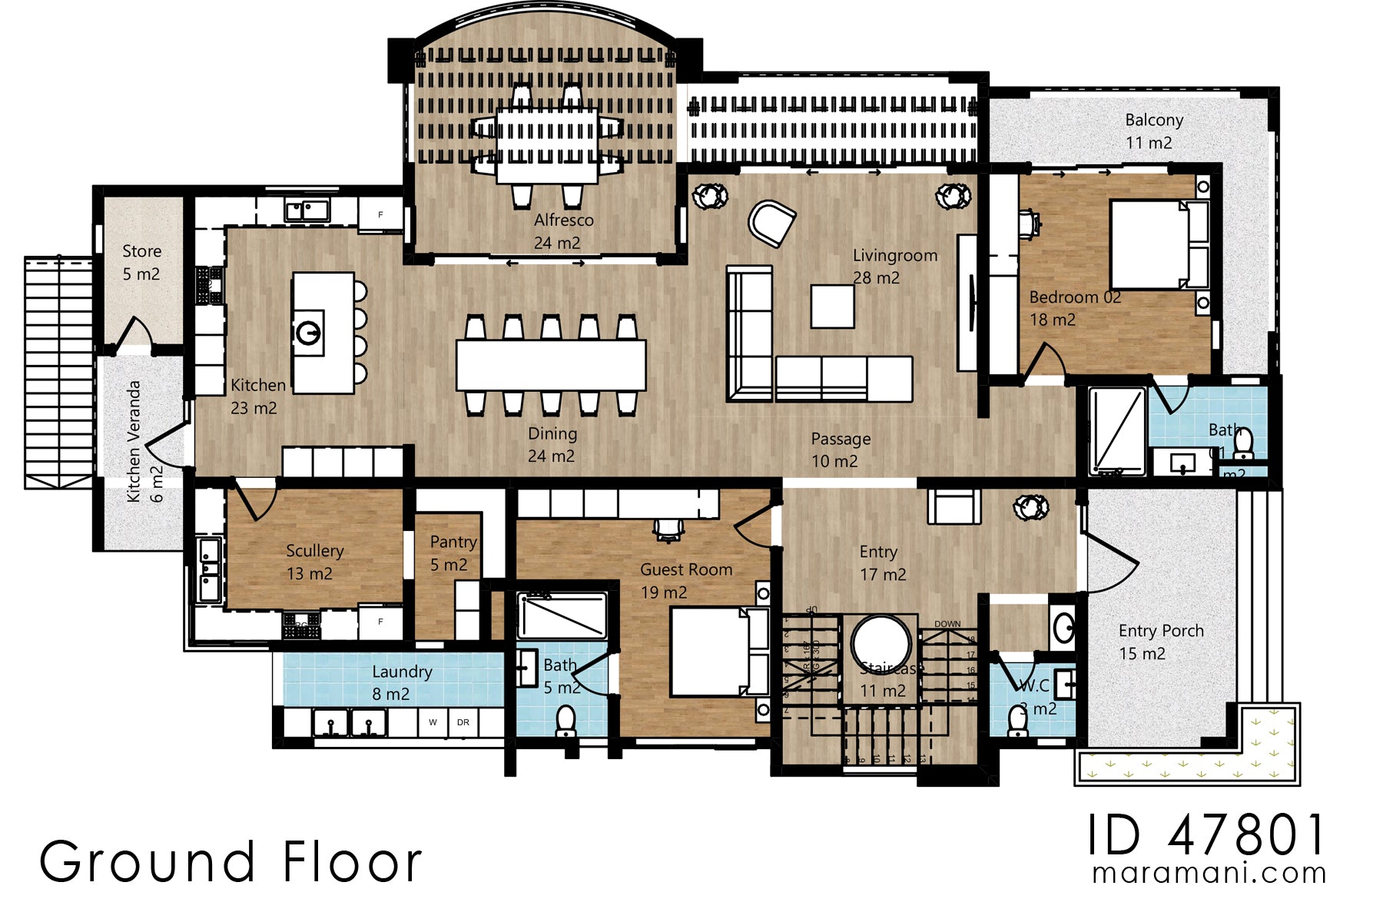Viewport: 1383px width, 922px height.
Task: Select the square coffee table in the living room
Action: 832,306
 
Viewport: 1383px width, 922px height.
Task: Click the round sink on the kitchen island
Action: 309,333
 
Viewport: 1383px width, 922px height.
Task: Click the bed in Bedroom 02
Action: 1152,244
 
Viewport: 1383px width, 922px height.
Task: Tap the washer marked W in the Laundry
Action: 433,722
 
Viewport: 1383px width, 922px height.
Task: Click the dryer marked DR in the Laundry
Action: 463,722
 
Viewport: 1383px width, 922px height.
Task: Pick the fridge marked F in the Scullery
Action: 380,622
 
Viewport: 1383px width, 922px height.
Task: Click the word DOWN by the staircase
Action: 947,624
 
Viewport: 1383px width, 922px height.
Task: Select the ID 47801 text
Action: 1206,835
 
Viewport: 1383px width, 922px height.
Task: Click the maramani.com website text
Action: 1209,874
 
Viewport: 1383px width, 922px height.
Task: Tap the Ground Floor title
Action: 230,862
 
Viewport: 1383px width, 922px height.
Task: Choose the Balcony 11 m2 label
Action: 1152,131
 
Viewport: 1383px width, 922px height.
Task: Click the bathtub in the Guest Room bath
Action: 562,615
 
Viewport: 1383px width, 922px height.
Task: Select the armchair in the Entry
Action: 954,507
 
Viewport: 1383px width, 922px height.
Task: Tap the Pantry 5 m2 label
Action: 452,553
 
